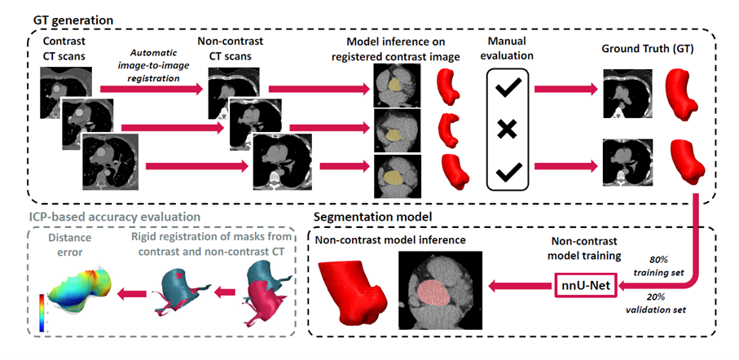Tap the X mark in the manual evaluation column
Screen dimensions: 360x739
click(508, 129)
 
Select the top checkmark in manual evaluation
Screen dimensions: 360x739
click(508, 90)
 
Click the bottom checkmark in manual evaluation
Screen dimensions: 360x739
click(508, 172)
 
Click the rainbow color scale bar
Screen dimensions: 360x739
click(42, 314)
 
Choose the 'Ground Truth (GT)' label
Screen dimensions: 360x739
click(646, 48)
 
